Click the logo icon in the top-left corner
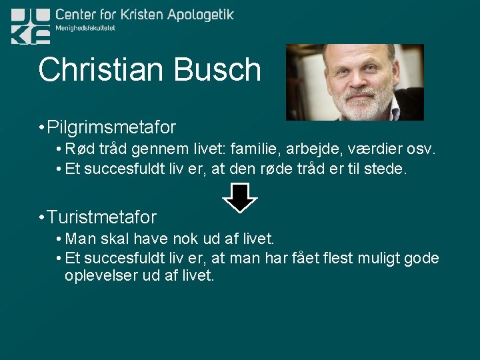(x=31, y=26)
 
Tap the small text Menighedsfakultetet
(x=85, y=29)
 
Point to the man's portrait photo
(x=355, y=82)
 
